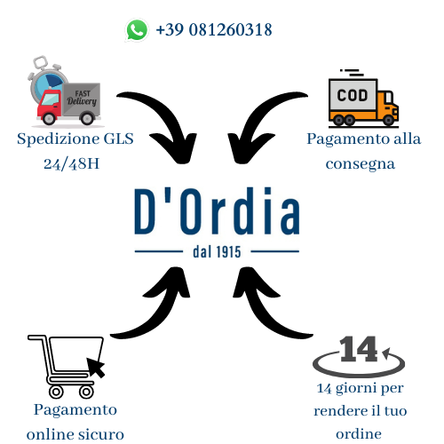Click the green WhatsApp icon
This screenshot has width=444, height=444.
[x=137, y=30]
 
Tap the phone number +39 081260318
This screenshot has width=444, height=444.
[x=214, y=29]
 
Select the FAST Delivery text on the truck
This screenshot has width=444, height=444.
[x=82, y=98]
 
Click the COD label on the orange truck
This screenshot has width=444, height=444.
[x=353, y=95]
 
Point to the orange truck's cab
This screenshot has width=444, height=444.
[x=388, y=104]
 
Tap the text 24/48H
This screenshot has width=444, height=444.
[x=71, y=163]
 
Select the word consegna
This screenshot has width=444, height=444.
[x=361, y=164]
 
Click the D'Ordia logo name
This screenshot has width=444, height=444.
[x=217, y=211]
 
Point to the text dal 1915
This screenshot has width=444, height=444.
[x=217, y=252]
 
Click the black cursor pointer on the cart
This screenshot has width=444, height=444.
[x=95, y=367]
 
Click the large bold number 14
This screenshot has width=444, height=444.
[x=359, y=349]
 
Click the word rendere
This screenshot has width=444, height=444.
[x=340, y=411]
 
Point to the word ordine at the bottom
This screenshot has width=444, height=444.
[x=359, y=434]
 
